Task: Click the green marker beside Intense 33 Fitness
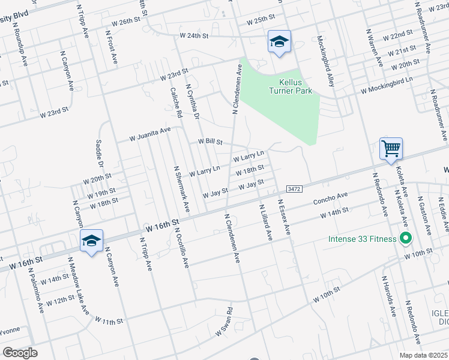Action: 405,239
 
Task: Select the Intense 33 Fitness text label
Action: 362,239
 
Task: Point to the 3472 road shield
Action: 294,188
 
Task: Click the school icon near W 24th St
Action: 279,41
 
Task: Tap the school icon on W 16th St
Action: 91,241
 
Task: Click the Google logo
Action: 20,353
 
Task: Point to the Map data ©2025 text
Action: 423,355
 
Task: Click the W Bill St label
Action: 210,142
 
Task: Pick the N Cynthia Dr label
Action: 192,101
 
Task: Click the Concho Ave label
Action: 330,197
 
